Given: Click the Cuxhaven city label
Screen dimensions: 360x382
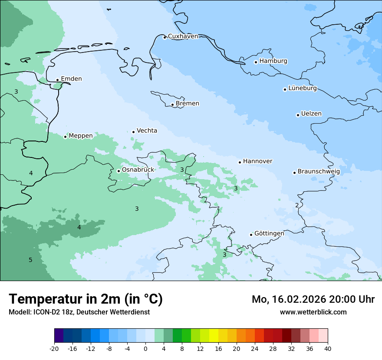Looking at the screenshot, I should (183, 36).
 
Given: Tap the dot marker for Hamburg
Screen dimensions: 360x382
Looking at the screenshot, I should (256, 62).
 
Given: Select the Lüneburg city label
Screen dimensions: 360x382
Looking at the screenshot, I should (303, 88).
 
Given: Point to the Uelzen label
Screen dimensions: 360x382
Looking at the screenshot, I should (311, 114).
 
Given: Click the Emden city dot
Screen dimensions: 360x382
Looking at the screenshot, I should (57, 80).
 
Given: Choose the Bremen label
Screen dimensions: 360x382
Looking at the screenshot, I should (188, 104).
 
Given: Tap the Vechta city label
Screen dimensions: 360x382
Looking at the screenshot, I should (147, 131).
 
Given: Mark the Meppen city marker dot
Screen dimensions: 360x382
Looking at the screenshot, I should (65, 137).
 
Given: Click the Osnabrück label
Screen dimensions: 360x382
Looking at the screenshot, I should (138, 170).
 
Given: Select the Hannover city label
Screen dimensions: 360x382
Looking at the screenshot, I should (257, 161).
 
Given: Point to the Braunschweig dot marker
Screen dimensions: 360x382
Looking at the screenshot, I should (294, 173).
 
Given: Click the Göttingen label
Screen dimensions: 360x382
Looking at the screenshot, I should (269, 234).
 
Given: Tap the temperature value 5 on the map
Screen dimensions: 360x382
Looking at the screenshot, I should (30, 260).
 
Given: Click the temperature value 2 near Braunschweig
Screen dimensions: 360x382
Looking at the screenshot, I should (297, 206).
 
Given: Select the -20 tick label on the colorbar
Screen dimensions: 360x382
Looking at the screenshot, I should (54, 349).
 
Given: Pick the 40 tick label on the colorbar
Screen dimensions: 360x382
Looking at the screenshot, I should (327, 349).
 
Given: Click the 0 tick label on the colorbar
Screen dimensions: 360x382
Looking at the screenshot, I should (145, 349).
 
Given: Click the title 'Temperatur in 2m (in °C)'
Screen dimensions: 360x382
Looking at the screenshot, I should (86, 299).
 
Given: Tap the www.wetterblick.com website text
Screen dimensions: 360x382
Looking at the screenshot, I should (313, 312).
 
